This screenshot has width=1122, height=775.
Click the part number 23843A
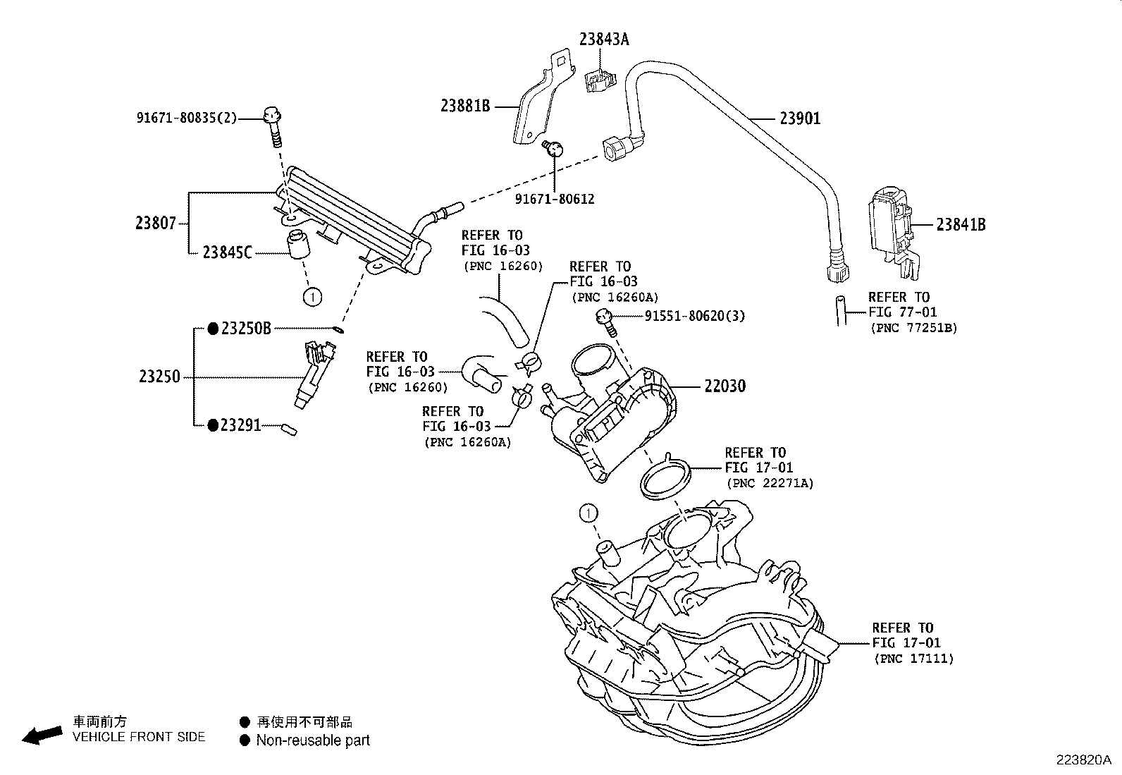point(604,39)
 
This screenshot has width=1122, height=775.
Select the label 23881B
point(465,106)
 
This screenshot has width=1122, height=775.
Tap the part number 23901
point(800,118)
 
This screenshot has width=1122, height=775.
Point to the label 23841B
point(961,225)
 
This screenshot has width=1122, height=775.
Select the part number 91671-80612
point(555,200)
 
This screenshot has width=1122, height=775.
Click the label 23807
point(156,224)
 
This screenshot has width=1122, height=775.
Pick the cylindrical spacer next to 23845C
point(299,244)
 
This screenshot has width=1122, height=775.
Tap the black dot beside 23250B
point(213,329)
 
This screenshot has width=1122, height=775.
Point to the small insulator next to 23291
point(289,428)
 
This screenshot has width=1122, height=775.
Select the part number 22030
point(725,386)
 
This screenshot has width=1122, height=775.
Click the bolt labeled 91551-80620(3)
point(606,321)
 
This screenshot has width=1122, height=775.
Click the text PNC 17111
point(913,659)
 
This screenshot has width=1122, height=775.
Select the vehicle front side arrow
point(42,735)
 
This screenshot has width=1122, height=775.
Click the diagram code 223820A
point(1083,760)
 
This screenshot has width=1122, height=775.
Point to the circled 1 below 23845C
point(312,297)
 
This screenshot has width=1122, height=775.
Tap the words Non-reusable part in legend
point(312,740)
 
